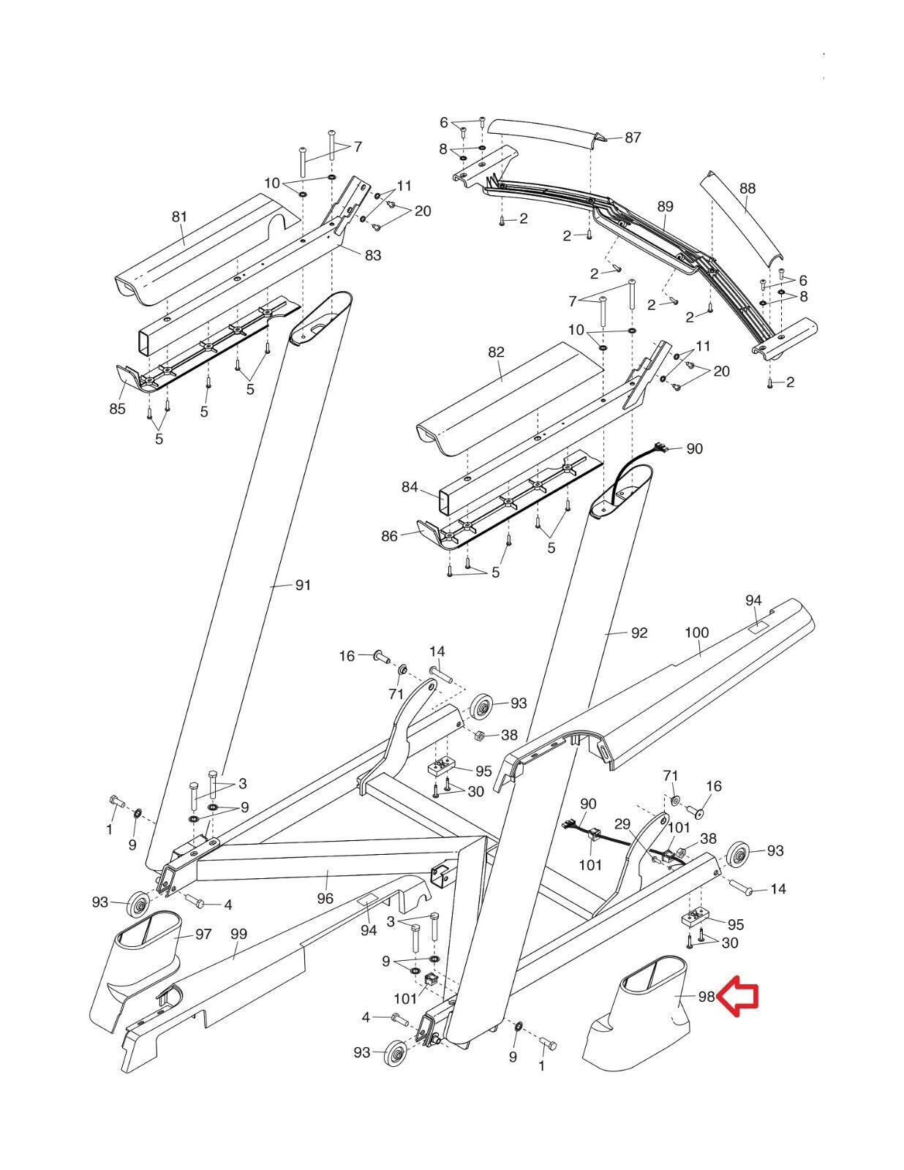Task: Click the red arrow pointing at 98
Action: (739, 997)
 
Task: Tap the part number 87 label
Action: (633, 137)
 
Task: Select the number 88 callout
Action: (747, 189)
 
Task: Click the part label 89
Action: (665, 207)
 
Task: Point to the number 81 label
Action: (179, 216)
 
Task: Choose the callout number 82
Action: (496, 352)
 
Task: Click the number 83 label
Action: (373, 254)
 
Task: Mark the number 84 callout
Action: (410, 487)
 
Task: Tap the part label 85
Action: (117, 409)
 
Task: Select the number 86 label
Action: (389, 537)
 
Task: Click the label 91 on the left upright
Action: (303, 585)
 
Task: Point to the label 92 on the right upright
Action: (639, 633)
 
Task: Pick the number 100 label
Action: (697, 632)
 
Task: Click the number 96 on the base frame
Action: (325, 899)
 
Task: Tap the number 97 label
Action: (203, 934)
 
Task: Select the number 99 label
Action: (238, 934)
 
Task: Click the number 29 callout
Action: (622, 824)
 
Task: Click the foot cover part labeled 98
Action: (636, 1024)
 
